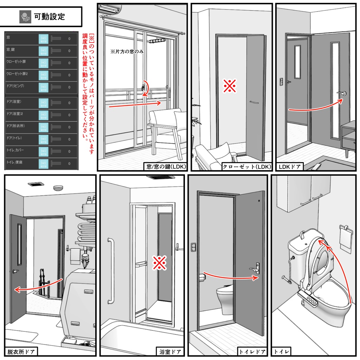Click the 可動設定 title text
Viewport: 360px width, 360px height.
(49, 16)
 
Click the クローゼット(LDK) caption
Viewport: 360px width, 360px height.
(247, 167)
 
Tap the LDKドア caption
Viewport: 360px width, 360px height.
(290, 167)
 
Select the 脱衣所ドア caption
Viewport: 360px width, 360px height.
(21, 351)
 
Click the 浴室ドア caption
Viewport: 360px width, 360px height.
(170, 351)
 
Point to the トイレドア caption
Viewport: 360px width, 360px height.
(252, 351)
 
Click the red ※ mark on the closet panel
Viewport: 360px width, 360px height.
(230, 86)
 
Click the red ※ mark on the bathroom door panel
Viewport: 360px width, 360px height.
(159, 263)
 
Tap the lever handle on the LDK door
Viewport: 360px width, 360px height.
(342, 93)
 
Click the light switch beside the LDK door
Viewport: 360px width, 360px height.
(281, 82)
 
